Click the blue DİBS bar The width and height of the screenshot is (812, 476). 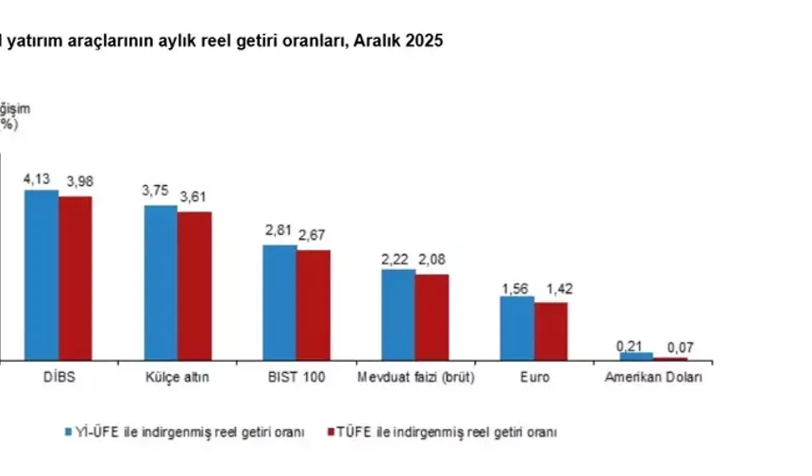(42, 274)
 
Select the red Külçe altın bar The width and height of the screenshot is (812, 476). (195, 285)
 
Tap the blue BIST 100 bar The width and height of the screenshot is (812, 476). (279, 302)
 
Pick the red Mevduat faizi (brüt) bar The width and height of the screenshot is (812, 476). (432, 316)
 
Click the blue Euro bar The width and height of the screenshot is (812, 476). (517, 328)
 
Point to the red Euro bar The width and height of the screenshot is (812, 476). (550, 331)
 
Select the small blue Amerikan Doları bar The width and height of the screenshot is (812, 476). (636, 356)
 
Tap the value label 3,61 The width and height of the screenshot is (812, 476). (195, 196)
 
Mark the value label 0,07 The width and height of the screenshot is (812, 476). (671, 346)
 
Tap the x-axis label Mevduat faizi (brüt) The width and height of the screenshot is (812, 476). (415, 378)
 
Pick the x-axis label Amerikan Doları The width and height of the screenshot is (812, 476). (652, 378)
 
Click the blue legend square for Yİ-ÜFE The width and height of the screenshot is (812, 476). (69, 432)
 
